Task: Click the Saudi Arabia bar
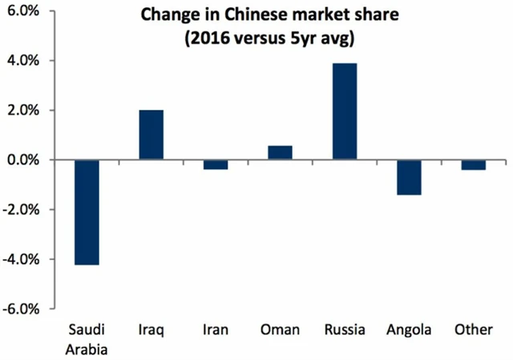click(x=87, y=212)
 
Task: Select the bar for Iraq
click(x=151, y=135)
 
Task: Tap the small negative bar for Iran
click(x=216, y=164)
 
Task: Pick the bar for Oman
click(x=280, y=152)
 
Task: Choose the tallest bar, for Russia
click(x=344, y=111)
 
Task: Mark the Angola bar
click(x=408, y=177)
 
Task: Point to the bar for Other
click(x=472, y=164)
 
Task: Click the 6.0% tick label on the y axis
click(x=26, y=10)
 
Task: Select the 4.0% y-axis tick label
click(x=26, y=60)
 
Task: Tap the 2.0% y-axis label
click(x=26, y=110)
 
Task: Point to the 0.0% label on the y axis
click(x=26, y=160)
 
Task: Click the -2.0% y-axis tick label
click(x=24, y=209)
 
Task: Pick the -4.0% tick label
click(x=24, y=259)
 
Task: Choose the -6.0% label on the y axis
click(x=24, y=309)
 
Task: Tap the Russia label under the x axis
click(x=344, y=330)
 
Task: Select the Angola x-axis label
click(x=408, y=330)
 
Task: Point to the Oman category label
click(x=280, y=330)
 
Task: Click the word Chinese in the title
click(x=232, y=15)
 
